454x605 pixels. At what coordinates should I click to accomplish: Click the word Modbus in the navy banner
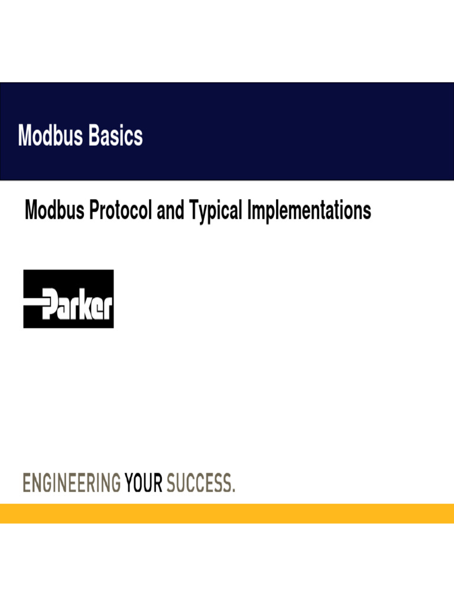tap(51, 136)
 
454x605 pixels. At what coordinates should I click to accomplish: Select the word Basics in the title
tap(116, 136)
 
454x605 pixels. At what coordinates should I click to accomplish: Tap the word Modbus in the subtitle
tap(54, 210)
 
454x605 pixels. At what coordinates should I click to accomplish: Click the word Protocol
tap(121, 211)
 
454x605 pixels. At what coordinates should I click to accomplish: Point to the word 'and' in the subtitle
tap(170, 210)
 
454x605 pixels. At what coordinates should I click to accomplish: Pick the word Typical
tap(216, 212)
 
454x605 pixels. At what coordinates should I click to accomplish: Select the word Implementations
tap(309, 212)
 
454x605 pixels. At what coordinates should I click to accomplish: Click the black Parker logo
tap(69, 299)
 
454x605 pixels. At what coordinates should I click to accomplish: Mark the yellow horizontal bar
tap(227, 513)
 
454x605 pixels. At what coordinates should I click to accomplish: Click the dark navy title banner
tap(296, 131)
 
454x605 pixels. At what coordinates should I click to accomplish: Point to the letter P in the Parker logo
tap(49, 304)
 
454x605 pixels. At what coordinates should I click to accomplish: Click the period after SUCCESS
tap(234, 490)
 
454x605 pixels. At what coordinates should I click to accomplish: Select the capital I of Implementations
tap(250, 210)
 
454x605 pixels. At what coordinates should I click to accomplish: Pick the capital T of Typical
tap(193, 210)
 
